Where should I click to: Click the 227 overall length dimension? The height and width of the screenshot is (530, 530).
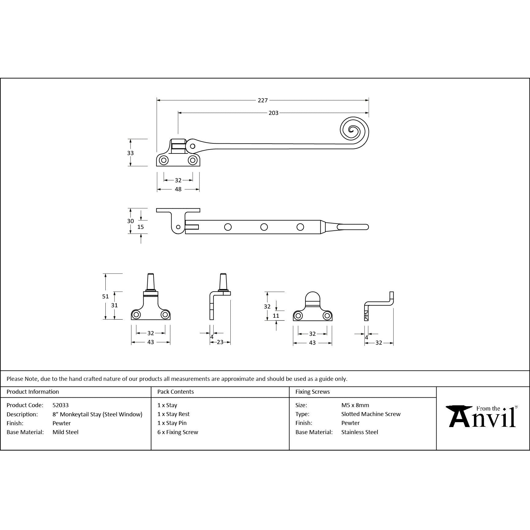click(263, 100)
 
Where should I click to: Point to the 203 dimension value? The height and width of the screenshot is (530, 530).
click(273, 113)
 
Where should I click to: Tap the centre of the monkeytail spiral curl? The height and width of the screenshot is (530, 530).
click(353, 131)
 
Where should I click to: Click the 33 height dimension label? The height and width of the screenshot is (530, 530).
click(130, 153)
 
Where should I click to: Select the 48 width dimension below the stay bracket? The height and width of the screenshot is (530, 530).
click(178, 189)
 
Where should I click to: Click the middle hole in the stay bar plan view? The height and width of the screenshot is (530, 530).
click(264, 227)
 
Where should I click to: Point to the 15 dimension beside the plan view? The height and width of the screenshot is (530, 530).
click(140, 227)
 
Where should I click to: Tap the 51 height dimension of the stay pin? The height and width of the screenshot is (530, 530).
click(105, 296)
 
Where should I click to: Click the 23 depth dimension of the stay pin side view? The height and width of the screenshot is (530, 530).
click(220, 342)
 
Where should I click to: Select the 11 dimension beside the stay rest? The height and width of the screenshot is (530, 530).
click(276, 316)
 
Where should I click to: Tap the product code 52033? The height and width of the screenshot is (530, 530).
click(60, 405)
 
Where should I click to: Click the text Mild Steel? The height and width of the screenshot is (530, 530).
click(65, 432)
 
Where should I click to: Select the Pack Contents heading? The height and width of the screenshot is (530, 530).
click(175, 392)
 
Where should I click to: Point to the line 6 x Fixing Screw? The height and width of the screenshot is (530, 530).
click(178, 432)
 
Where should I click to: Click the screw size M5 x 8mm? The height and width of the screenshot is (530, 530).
click(355, 405)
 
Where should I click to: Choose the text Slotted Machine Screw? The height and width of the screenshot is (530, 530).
click(371, 414)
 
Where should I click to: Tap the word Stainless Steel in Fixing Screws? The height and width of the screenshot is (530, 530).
click(359, 432)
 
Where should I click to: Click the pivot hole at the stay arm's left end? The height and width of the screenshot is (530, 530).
click(192, 146)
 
